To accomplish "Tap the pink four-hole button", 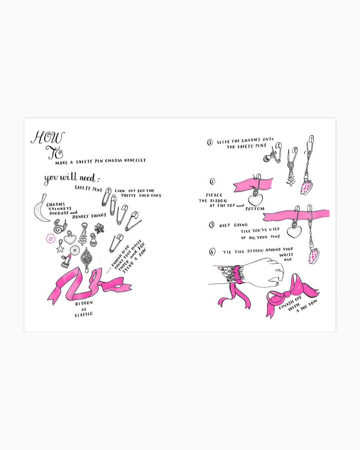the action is (x=50, y=239).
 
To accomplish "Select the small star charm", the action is (x=60, y=246).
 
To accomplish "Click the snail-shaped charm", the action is (x=60, y=227).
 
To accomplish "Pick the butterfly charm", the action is (x=99, y=228).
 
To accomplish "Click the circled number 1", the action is (x=210, y=142).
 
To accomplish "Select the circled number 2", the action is (x=212, y=181).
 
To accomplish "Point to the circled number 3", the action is (x=211, y=225).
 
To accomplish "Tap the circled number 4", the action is (x=212, y=252).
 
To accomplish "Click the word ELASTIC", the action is (x=84, y=314).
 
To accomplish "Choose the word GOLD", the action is (x=144, y=195).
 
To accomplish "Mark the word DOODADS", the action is (x=59, y=213).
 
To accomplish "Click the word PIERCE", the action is (x=214, y=195).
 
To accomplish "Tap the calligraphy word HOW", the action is (x=48, y=137).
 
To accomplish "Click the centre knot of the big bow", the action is (x=287, y=294).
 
